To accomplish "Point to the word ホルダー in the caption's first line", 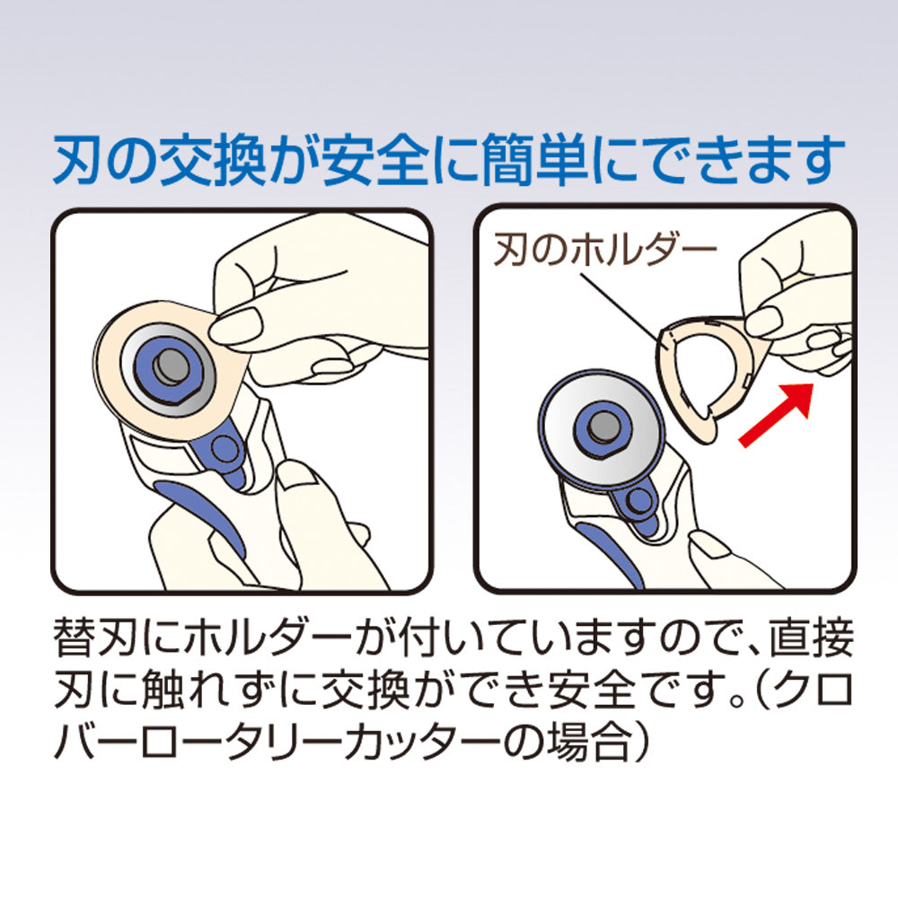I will (256, 643).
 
